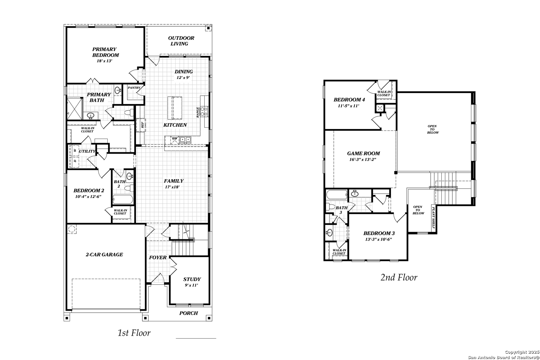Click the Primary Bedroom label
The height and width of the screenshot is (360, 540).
106,52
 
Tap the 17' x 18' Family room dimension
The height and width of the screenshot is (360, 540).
172,187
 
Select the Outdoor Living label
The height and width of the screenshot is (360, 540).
181,41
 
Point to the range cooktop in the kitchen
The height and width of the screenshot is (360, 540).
204,112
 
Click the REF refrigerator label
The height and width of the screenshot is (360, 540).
143,125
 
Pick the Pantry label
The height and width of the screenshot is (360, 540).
134,88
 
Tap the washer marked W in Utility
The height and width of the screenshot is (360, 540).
75,150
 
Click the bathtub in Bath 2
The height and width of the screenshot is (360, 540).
123,199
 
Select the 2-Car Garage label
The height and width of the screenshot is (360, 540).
104,254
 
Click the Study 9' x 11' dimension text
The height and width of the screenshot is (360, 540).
191,285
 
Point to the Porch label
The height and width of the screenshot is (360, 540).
189,313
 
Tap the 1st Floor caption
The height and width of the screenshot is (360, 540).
134,333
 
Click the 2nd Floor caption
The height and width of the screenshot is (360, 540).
399,278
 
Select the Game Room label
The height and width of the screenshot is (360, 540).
363,153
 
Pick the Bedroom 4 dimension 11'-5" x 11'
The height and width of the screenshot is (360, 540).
349,106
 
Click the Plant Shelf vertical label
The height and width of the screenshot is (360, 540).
433,218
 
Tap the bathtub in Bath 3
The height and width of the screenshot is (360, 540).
337,195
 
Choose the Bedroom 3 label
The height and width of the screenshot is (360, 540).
379,233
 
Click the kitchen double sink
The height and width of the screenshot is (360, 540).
185,140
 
